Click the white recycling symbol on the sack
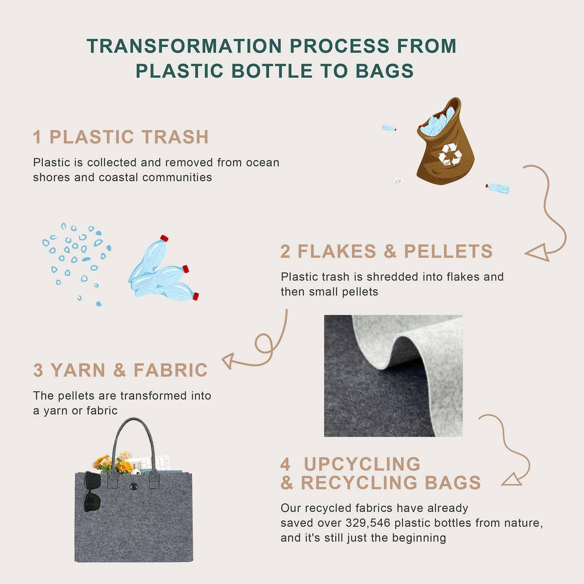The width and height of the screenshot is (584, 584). (x=450, y=154)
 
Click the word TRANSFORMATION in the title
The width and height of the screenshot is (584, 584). (x=184, y=46)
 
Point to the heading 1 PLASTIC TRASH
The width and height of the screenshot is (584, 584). (x=121, y=137)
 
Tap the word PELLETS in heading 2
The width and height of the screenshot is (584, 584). (x=448, y=251)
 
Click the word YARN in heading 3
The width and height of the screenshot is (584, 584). (x=78, y=370)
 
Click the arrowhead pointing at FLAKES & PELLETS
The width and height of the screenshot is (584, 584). (x=539, y=253)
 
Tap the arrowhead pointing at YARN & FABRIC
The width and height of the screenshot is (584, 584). (x=228, y=361)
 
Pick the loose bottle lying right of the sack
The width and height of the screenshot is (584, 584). (x=497, y=188)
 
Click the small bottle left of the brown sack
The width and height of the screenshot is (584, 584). (x=389, y=128)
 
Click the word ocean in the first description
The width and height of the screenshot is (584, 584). (x=262, y=162)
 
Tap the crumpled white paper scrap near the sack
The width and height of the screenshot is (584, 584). (x=398, y=180)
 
